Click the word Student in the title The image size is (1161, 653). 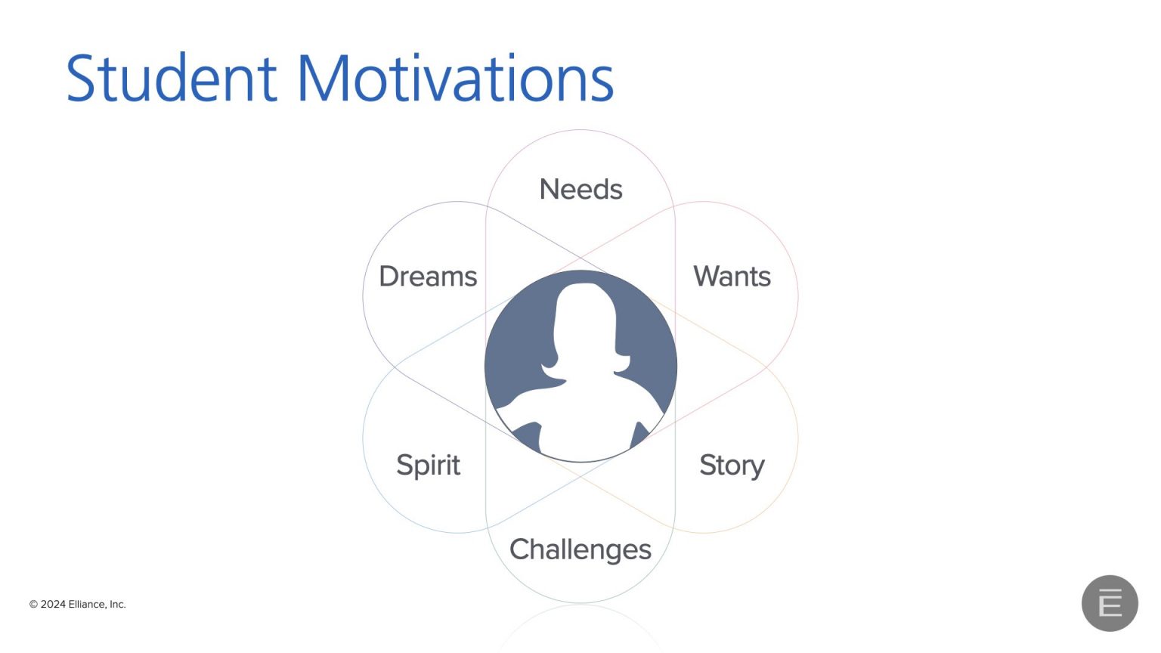(172, 78)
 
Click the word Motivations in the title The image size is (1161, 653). (456, 78)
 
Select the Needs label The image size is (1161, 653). (580, 189)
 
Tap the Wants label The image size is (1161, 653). (732, 276)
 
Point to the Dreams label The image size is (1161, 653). (428, 276)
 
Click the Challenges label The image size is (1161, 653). (580, 550)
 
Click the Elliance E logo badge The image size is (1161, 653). (1110, 603)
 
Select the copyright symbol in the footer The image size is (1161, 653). (33, 605)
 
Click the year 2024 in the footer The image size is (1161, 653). (53, 605)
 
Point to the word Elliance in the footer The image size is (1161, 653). (88, 605)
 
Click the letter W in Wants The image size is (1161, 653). (707, 276)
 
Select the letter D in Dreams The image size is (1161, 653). (389, 276)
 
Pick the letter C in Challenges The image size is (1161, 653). (520, 549)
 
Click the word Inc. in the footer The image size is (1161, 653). (118, 605)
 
